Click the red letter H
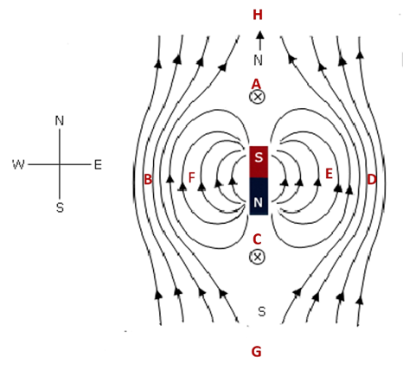[258, 15]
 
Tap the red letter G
[257, 352]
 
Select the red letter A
[256, 84]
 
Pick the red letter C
[257, 239]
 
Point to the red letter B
[148, 179]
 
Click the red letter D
[372, 179]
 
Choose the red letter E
[329, 174]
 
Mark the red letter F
[191, 177]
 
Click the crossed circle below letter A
[257, 97]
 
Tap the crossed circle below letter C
[257, 257]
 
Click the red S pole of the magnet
[259, 162]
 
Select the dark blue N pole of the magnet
[259, 196]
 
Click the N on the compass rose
[60, 120]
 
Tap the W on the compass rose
[18, 164]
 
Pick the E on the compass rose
[98, 165]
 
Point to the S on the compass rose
[60, 207]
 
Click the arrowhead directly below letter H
[260, 35]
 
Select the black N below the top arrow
[259, 61]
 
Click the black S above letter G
[261, 311]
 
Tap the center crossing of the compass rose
[60, 164]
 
